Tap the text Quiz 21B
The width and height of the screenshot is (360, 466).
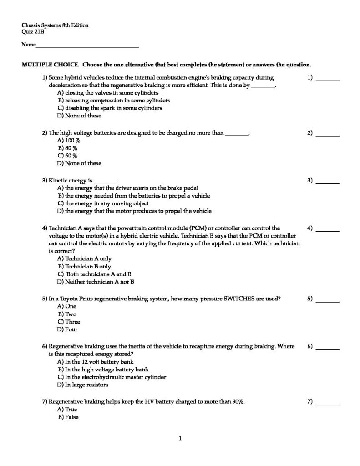[x=33, y=32]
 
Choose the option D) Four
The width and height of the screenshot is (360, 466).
[x=66, y=329]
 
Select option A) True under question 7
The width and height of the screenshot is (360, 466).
[x=67, y=410]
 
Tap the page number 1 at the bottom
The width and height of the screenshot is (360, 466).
[x=180, y=439]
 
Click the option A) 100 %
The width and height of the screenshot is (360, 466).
[x=69, y=141]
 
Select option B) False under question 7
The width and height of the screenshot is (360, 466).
[x=68, y=417]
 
